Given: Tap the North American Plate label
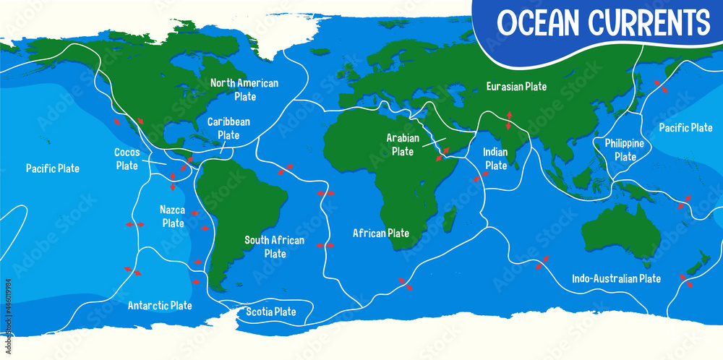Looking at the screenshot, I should tap(244, 89).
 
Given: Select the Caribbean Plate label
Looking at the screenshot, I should tap(228, 128).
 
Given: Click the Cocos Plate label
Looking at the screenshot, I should tap(127, 159).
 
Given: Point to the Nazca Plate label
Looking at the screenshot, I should tap(173, 216).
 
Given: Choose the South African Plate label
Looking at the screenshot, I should tap(275, 247).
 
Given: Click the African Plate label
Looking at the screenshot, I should tap(381, 233).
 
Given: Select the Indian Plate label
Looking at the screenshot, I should tap(496, 159).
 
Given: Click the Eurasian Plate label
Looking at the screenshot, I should tap(515, 86).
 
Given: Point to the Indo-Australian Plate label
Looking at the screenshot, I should tap(616, 278).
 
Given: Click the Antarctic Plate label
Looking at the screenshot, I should tap(160, 305).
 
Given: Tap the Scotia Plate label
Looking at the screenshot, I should tap(271, 312).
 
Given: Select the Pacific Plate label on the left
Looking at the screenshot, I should tap(53, 168).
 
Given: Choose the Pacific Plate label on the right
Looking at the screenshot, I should tap(685, 128).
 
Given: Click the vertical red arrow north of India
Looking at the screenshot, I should tap(509, 120).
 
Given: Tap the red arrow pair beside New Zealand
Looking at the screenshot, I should tap(685, 280).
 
